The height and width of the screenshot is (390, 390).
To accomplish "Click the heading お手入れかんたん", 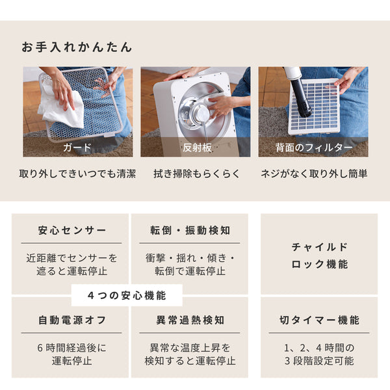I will coord(77,47).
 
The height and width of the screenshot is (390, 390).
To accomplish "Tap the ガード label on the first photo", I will coord(77,148).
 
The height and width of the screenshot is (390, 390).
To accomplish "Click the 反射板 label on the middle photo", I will coord(195,148).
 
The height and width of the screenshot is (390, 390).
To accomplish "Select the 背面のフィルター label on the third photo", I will coord(313,148).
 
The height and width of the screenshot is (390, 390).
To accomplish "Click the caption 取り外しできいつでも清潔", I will coord(77,174).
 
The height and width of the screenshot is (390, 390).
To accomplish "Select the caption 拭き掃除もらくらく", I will coord(195,174).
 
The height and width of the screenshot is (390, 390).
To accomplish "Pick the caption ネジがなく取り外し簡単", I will coord(313,174).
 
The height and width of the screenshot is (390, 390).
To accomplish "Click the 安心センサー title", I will coord(71,231).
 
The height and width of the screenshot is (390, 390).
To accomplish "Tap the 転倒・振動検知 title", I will coord(189,231).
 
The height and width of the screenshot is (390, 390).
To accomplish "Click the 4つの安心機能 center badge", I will coord(127,295).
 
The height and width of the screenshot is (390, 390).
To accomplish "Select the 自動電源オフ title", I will coord(71,320).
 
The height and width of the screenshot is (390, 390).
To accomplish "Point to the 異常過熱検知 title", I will coord(189,320).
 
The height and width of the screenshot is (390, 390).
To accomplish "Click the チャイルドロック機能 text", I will coord(318,255).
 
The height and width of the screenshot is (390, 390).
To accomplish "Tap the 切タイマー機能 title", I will coord(318,320).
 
